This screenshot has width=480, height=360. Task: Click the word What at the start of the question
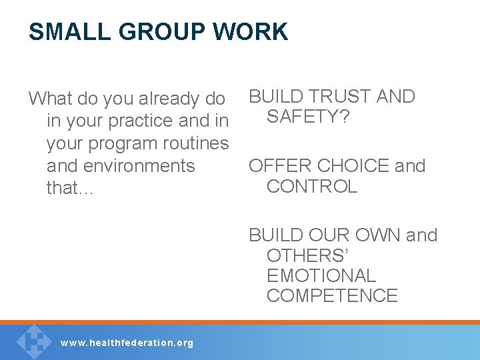click(x=51, y=99)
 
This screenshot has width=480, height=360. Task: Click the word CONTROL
click(x=311, y=187)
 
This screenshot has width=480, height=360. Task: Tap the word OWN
click(x=378, y=235)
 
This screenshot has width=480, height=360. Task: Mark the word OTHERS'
click(x=307, y=256)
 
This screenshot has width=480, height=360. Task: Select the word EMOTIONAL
click(x=321, y=276)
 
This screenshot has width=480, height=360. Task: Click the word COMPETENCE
click(x=331, y=296)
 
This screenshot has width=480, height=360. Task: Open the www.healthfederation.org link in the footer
click(x=127, y=343)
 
